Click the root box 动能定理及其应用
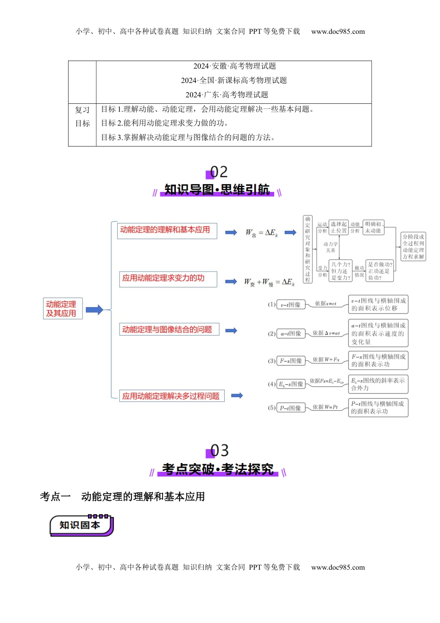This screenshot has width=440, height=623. click(63, 309)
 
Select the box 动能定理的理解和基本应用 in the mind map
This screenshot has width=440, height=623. click(167, 230)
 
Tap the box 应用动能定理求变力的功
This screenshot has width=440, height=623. click(168, 279)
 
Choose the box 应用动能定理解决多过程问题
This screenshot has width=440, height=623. click(171, 396)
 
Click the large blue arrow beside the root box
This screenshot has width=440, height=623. click(94, 310)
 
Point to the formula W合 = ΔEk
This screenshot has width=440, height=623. click(262, 233)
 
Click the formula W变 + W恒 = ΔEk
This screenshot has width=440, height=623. click(269, 282)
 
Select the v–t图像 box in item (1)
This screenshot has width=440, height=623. click(291, 305)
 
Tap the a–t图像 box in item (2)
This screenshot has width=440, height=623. click(291, 333)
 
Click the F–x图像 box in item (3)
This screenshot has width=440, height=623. click(291, 361)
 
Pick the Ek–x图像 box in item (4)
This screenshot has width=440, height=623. click(291, 384)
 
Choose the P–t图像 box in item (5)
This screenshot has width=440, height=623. click(291, 408)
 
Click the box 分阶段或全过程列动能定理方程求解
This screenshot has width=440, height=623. click(413, 247)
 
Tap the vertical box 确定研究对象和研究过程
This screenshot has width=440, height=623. click(308, 249)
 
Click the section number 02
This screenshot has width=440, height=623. click(219, 172)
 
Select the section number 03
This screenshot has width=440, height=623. click(219, 451)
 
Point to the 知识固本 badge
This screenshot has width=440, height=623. click(81, 525)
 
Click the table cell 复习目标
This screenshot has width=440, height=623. click(82, 117)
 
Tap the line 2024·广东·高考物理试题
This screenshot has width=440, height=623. click(227, 95)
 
